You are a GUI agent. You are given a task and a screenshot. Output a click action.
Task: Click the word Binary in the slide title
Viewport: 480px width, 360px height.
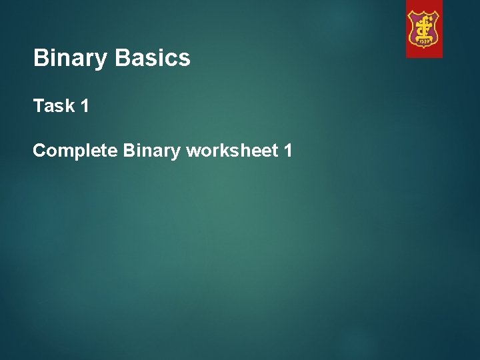click(71, 59)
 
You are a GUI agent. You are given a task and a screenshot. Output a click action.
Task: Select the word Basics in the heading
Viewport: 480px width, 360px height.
click(153, 59)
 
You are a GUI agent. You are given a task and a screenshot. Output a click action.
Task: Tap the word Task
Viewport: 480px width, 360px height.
click(54, 106)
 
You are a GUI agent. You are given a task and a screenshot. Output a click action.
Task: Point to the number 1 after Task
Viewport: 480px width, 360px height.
click(85, 106)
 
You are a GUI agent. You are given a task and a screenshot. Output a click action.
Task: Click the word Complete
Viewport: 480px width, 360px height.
click(75, 152)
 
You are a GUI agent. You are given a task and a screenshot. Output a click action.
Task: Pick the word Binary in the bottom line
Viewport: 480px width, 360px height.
click(151, 152)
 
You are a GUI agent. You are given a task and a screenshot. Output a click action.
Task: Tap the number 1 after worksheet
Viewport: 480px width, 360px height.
click(287, 151)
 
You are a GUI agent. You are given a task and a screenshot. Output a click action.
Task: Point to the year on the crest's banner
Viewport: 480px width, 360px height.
click(424, 42)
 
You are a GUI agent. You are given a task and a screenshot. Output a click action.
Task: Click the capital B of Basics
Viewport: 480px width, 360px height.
click(121, 59)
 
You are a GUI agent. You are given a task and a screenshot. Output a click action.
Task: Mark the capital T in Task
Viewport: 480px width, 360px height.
click(38, 106)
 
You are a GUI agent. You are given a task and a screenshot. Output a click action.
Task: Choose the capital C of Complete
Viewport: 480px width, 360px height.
click(39, 151)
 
